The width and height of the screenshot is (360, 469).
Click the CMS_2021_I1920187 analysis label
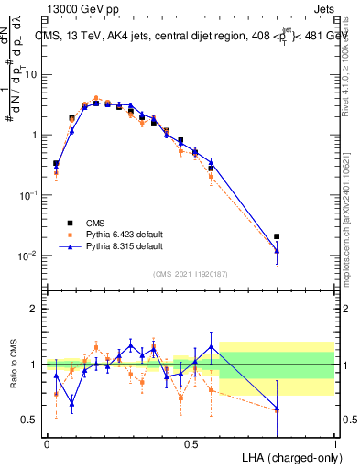coord(190,274)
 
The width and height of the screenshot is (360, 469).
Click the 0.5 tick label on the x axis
coord(191,444)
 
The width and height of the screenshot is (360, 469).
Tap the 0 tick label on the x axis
coord(46,444)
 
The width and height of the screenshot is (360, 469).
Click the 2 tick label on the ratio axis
coord(36,309)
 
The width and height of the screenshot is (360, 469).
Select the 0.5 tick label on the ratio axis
coord(32,420)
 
